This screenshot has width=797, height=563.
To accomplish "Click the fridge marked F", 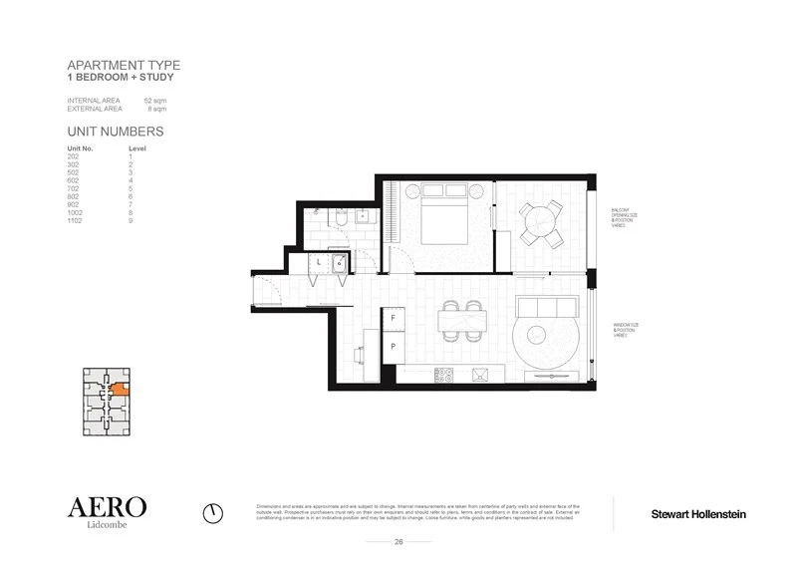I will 394,317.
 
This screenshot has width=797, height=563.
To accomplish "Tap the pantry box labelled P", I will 394,346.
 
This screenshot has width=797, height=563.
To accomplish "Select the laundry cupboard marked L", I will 318,262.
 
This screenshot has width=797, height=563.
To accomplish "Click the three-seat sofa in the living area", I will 543,309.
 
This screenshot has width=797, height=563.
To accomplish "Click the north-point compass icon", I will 212,512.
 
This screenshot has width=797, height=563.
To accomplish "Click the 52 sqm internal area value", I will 154,102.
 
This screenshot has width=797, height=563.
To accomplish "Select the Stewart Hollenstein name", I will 697,514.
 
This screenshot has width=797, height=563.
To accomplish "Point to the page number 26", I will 398,542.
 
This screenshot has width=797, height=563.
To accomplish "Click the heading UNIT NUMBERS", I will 115,132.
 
